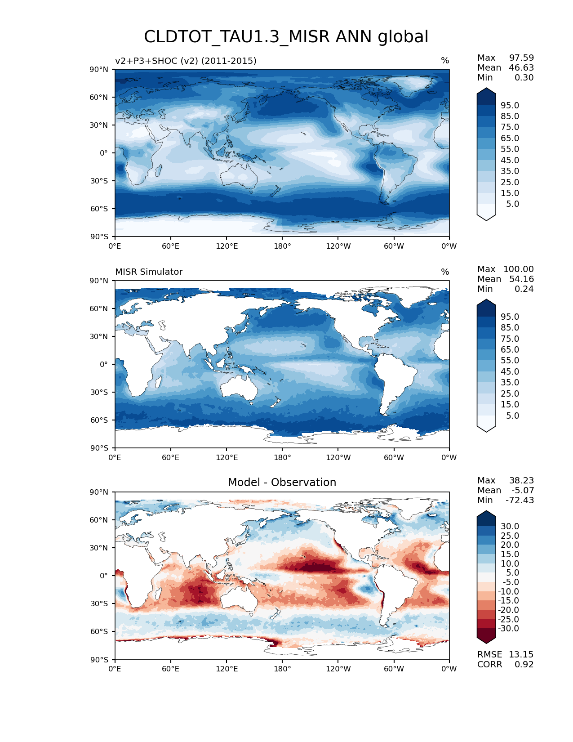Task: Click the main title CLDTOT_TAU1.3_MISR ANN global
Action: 286,37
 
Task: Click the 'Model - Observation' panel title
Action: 282,483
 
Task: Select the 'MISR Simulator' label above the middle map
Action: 149,272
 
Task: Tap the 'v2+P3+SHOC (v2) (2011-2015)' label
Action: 186,61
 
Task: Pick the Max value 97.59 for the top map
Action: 521,58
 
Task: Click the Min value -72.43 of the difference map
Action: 520,501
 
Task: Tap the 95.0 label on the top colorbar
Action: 510,106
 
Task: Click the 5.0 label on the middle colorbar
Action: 512,416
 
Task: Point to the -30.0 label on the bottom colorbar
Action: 508,629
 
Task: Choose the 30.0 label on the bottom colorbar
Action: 510,527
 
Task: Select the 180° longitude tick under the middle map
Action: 282,458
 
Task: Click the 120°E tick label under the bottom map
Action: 227,669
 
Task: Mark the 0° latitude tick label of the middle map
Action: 104,364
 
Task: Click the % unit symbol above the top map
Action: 445,61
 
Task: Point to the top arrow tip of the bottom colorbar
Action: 486,511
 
